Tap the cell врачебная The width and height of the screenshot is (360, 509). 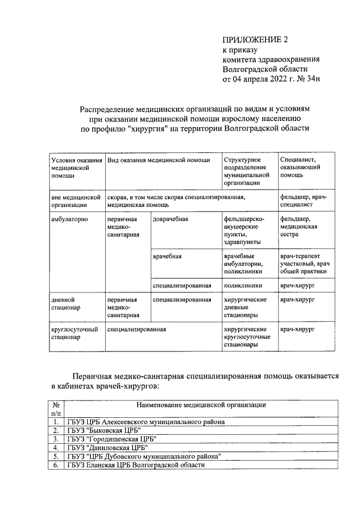[x=167, y=256]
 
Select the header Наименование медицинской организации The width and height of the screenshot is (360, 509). [x=201, y=404]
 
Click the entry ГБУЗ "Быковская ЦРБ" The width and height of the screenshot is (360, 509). [x=103, y=430]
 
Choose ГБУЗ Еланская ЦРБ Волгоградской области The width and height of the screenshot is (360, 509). [x=136, y=465]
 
